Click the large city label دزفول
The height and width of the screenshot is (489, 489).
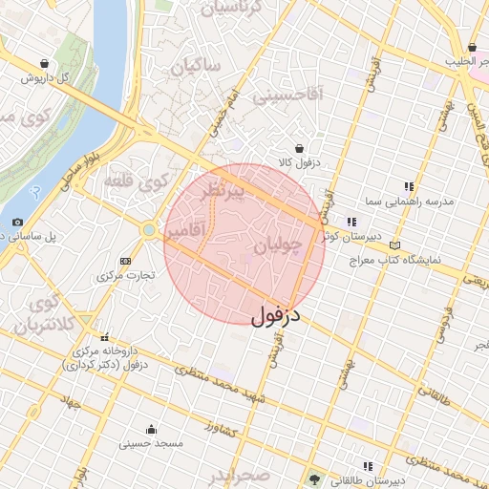point(276,315)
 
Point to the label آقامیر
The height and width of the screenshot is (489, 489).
point(182,232)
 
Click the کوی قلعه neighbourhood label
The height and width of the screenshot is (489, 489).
point(153,179)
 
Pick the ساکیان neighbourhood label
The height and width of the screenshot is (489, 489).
point(198,66)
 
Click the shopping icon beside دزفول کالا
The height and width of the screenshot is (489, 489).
point(301,148)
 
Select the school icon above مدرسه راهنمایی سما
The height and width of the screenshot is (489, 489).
point(409,186)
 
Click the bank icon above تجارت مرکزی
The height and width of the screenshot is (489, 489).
point(125,261)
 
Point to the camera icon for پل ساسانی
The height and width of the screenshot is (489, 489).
point(17,223)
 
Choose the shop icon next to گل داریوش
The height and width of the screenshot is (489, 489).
point(32,62)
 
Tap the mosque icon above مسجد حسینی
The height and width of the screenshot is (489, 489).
point(151,429)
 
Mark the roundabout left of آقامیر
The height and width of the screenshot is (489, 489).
point(148,230)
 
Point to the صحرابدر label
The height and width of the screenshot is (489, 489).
point(245,478)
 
